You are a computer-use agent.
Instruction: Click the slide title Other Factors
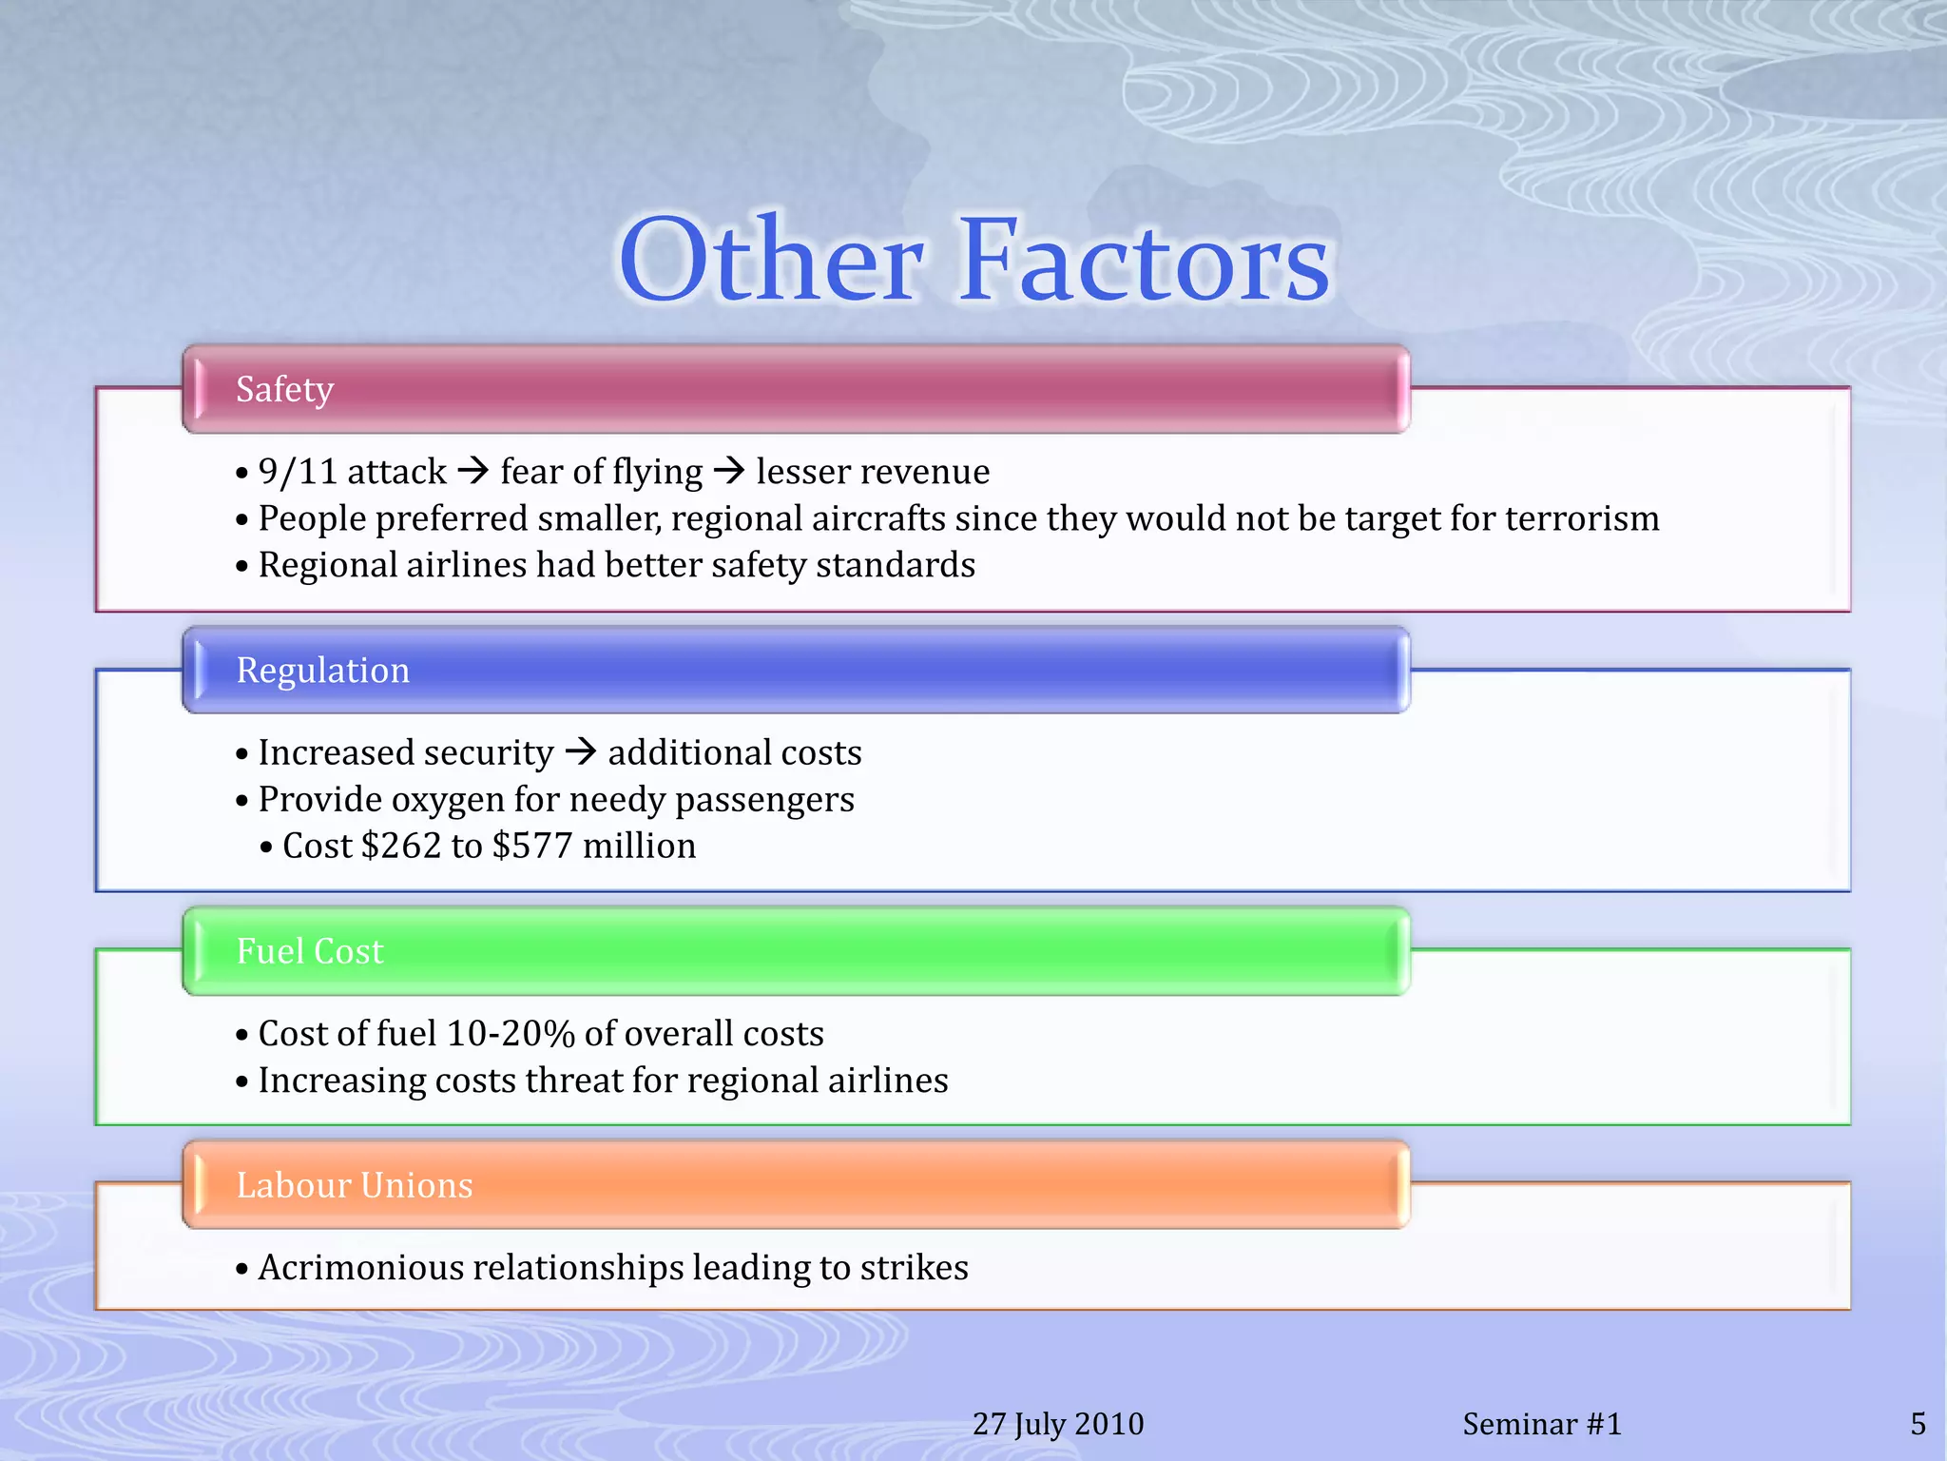(973, 259)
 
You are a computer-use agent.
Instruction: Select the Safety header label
(284, 389)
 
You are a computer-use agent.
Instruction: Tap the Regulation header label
(322, 671)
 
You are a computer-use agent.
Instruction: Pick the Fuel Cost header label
(309, 951)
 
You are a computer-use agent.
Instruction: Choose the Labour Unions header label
(354, 1185)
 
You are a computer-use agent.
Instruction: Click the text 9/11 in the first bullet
(298, 472)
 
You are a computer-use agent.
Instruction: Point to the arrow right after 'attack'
(472, 470)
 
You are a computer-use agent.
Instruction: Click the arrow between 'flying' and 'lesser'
(728, 470)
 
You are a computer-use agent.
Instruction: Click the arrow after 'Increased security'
(580, 751)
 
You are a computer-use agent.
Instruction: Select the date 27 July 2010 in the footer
(1058, 1424)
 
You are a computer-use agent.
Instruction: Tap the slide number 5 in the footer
(1918, 1424)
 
